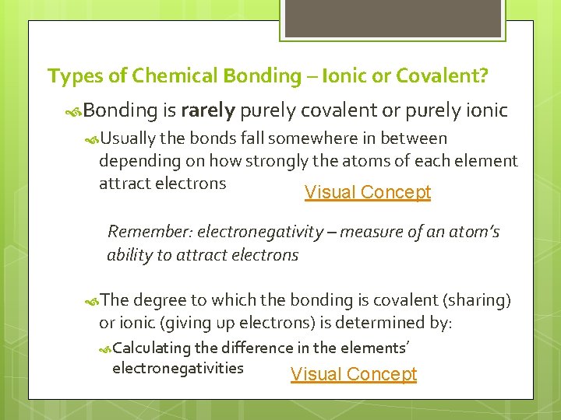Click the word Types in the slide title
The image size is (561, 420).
point(69,76)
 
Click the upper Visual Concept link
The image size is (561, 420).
point(367,192)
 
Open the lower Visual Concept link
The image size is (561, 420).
point(354,374)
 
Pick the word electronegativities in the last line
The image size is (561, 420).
point(178,368)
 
